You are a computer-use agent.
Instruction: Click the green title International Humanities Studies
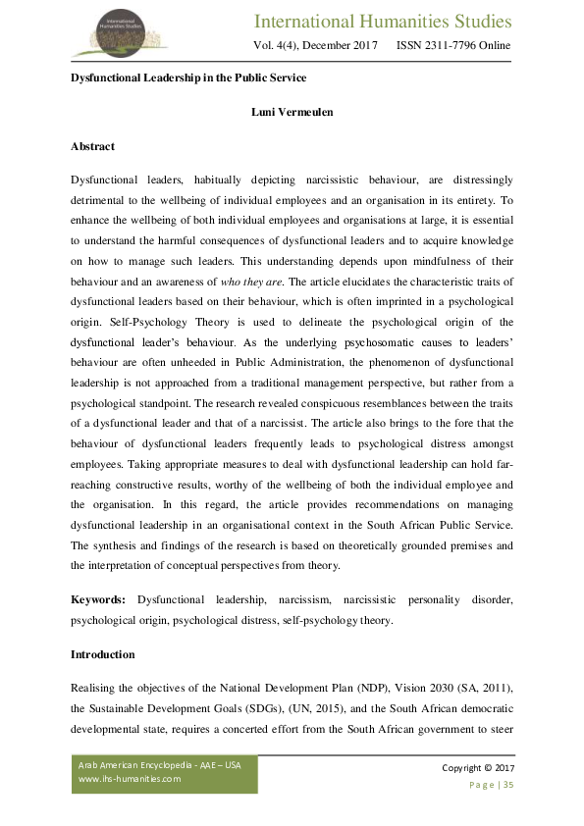[383, 22]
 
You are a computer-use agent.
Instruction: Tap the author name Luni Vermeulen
[292, 112]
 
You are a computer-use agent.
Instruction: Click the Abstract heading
[92, 146]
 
